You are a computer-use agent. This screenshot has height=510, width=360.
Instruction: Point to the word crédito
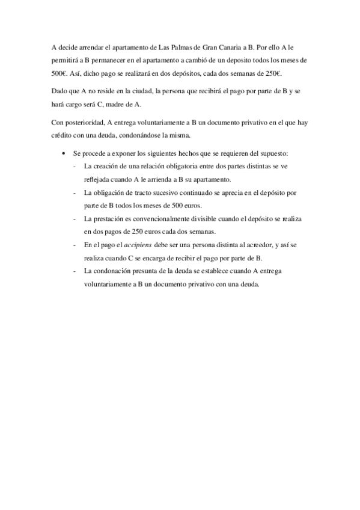coord(63,137)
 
